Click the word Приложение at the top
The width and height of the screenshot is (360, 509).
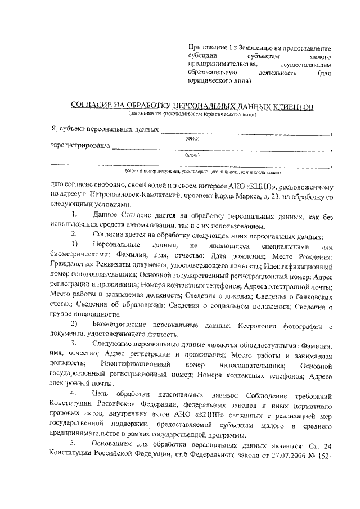pyautogui.click(x=207, y=48)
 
